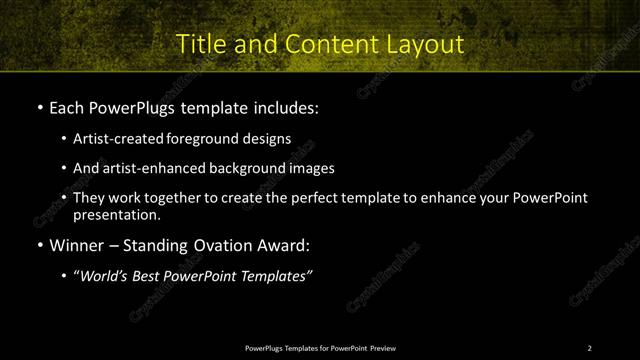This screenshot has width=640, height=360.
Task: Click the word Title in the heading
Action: [199, 44]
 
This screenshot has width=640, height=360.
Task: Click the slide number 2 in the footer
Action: [589, 348]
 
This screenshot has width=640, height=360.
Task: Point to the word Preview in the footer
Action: [382, 348]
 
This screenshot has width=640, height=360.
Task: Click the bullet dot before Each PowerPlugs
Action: [38, 107]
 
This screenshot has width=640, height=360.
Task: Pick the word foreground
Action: [211, 140]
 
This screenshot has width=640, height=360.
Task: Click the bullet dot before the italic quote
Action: [64, 277]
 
